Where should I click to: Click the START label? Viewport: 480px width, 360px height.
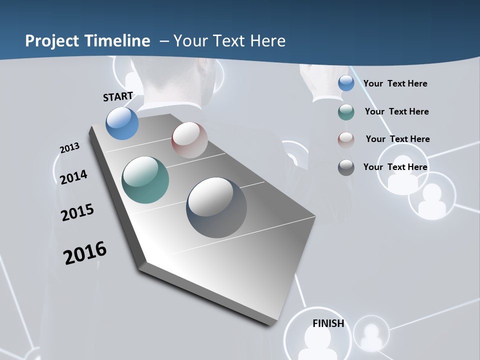click(x=118, y=96)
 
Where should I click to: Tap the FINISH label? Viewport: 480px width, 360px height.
click(x=328, y=323)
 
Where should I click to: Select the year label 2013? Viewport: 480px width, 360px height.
click(x=70, y=148)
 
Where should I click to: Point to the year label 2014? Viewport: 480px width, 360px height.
click(x=74, y=177)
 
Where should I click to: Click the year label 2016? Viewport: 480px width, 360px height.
click(x=85, y=252)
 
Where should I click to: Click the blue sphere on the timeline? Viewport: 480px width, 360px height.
click(x=122, y=123)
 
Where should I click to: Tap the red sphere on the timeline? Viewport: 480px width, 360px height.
click(x=189, y=140)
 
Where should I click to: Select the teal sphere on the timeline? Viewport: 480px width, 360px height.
click(x=145, y=180)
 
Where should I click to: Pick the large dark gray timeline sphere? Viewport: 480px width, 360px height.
click(x=216, y=207)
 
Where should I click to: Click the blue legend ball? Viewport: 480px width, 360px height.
click(x=346, y=83)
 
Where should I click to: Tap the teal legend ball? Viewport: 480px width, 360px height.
click(x=346, y=112)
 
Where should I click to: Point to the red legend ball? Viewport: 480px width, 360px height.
click(x=346, y=139)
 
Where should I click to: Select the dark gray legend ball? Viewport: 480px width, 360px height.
click(x=346, y=167)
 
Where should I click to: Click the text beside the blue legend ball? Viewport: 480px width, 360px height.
click(x=395, y=83)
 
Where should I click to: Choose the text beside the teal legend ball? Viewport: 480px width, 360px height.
click(x=397, y=111)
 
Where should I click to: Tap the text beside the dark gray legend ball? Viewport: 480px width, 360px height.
click(x=395, y=167)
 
